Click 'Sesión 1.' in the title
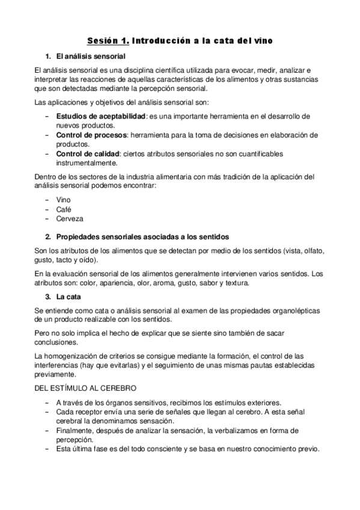click(108, 41)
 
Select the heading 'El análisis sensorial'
click(90, 57)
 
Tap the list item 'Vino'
click(63, 200)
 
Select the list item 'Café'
click(64, 209)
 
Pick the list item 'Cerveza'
click(69, 218)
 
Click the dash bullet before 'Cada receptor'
click(47, 411)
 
